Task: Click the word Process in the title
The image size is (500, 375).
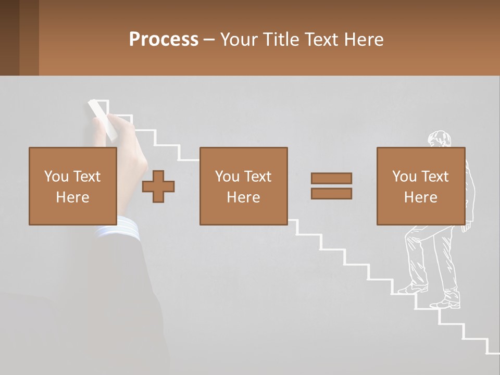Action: click(164, 40)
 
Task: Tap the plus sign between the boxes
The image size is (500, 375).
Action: click(158, 186)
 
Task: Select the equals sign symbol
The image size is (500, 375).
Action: click(331, 186)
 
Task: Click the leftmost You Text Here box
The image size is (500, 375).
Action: click(73, 186)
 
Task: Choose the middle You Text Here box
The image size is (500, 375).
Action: click(243, 186)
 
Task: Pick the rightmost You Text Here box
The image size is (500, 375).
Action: click(420, 186)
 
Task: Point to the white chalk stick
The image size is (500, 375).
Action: click(102, 120)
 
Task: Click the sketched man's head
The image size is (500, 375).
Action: click(439, 139)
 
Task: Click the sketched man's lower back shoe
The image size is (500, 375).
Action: click(446, 304)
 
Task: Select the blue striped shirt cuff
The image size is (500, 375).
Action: click(120, 229)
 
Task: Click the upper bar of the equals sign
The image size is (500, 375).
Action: click(331, 178)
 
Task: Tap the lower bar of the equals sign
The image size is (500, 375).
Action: click(331, 194)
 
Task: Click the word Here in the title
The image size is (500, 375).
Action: click(365, 40)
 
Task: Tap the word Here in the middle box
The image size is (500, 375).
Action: click(243, 197)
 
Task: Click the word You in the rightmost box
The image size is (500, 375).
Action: click(404, 177)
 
